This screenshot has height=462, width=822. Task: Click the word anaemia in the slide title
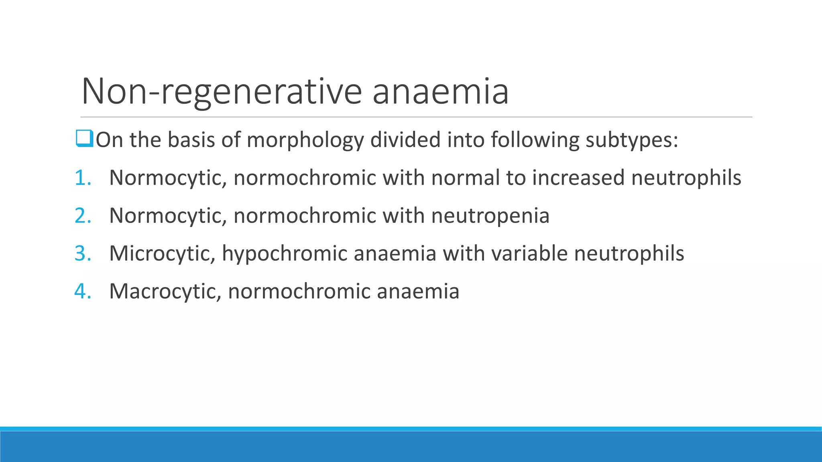[x=440, y=91]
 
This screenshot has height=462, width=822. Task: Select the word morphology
[x=305, y=140]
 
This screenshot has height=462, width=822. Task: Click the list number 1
[x=83, y=178]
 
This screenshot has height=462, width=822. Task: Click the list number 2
[x=83, y=216]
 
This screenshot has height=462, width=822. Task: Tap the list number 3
[x=83, y=253]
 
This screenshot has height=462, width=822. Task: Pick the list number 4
[x=83, y=291]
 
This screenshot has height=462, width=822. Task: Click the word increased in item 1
[x=578, y=178]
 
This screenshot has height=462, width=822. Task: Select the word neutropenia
[x=490, y=216]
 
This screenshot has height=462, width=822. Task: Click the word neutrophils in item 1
[x=686, y=178]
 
